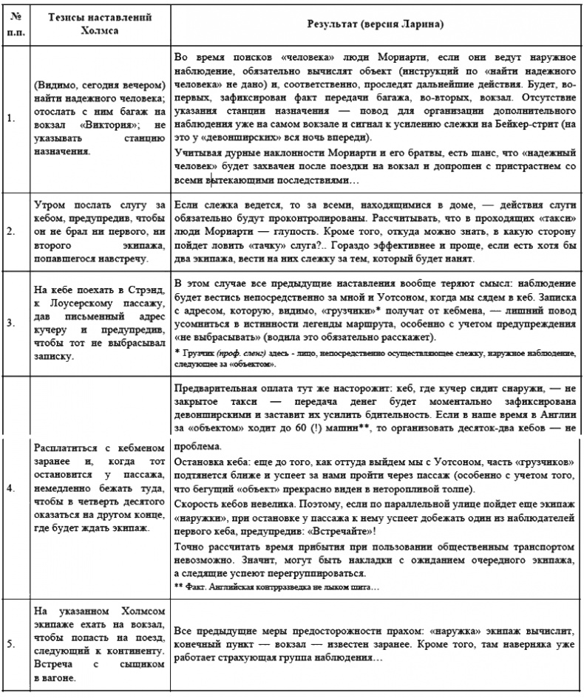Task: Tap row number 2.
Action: (x=10, y=230)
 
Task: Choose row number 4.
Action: (x=10, y=488)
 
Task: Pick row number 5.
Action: (x=10, y=643)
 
